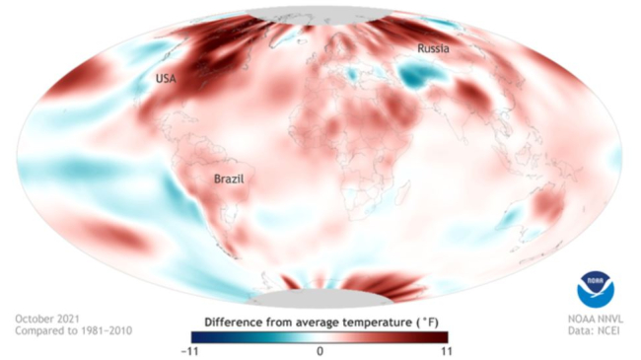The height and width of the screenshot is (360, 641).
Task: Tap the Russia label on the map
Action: click(x=435, y=47)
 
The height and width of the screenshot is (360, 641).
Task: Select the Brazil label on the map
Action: click(x=229, y=180)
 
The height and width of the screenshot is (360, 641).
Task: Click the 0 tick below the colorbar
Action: click(x=320, y=351)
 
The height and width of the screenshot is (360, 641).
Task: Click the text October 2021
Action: click(x=46, y=319)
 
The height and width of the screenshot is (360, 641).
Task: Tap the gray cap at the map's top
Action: click(x=320, y=15)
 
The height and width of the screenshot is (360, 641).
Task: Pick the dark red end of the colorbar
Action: click(x=443, y=336)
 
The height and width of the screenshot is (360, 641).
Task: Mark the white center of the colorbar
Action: click(x=320, y=336)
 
